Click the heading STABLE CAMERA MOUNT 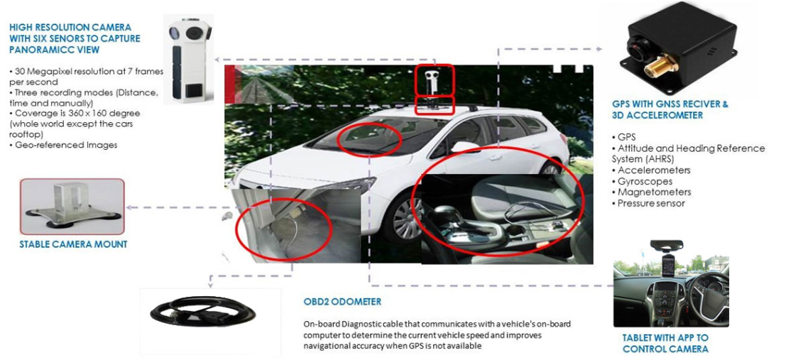[73, 245]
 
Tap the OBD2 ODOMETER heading [342, 302]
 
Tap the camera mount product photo [72, 205]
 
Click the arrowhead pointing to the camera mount [129, 207]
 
